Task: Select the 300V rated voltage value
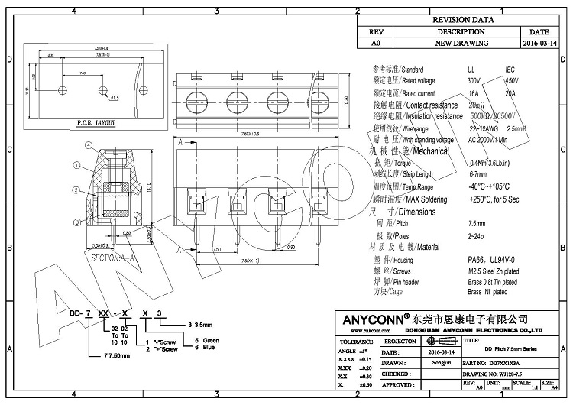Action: (474, 80)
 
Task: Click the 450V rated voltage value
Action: (511, 80)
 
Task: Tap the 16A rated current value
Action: (474, 92)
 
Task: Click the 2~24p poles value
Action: (477, 236)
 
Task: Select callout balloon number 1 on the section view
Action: (76, 164)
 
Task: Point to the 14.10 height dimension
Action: (150, 187)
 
